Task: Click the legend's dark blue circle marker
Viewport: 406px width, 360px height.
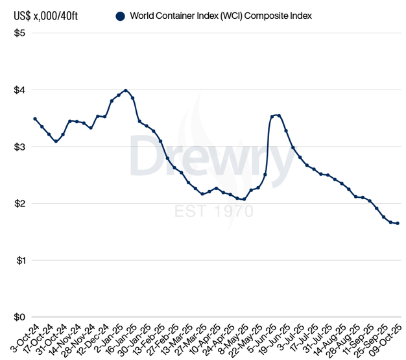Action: pos(120,16)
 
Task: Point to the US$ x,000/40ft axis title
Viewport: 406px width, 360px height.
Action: pos(39,16)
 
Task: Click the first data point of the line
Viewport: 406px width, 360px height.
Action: pos(35,119)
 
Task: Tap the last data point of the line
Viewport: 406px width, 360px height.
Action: pos(397,223)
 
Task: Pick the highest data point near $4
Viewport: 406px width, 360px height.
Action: pos(125,91)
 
